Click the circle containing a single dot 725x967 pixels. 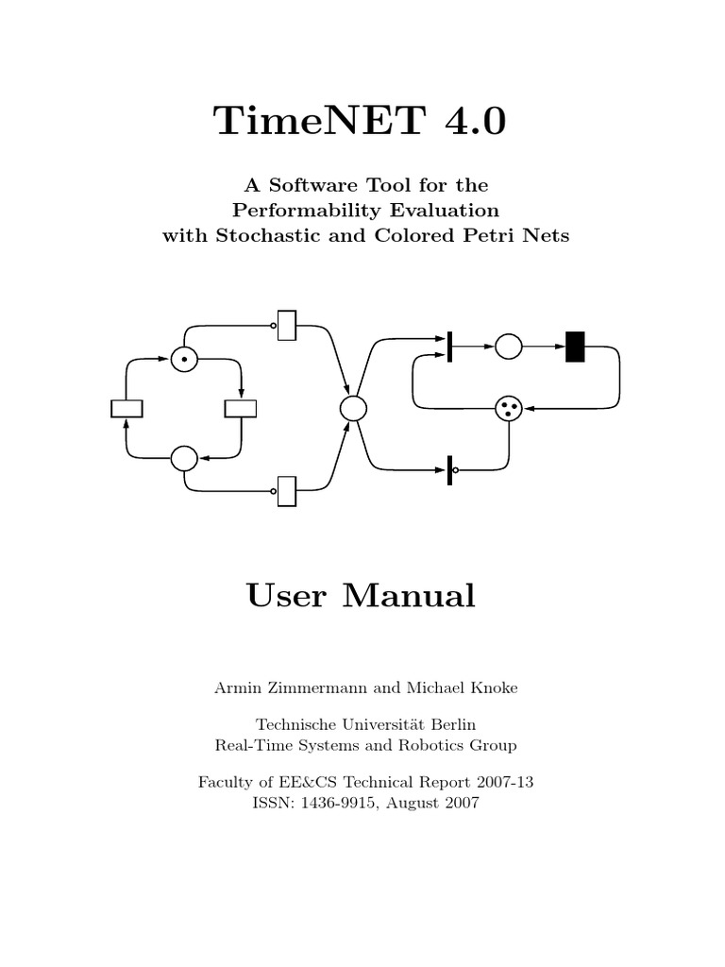click(x=184, y=360)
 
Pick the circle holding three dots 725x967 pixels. click(x=509, y=408)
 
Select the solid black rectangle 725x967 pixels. click(x=575, y=347)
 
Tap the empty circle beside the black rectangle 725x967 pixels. click(x=509, y=347)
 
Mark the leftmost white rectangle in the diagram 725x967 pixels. click(x=126, y=408)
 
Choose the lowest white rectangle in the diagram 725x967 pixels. click(x=287, y=490)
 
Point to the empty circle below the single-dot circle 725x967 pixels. click(x=184, y=458)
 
